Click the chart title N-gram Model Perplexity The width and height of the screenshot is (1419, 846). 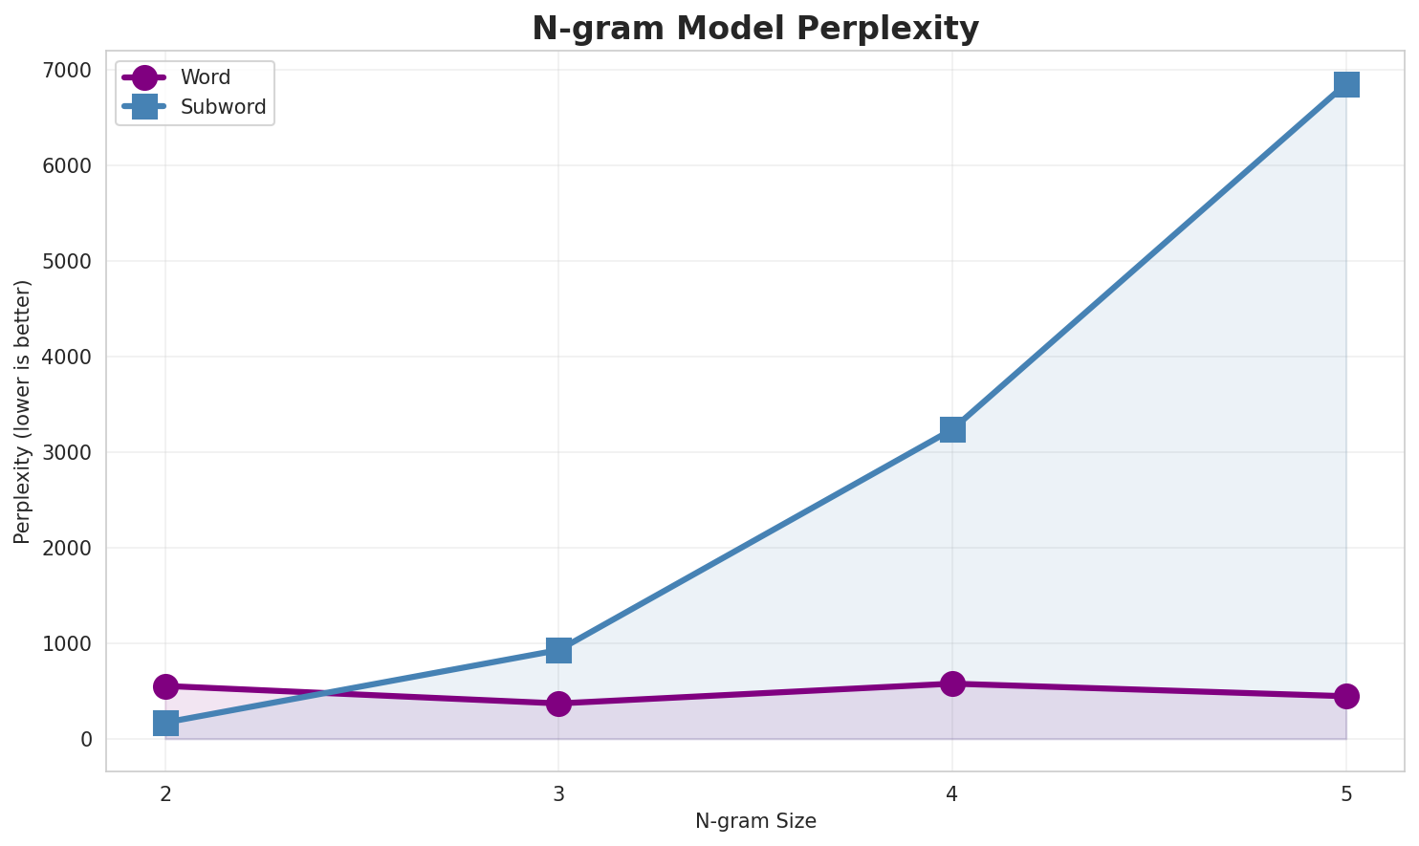coord(754,29)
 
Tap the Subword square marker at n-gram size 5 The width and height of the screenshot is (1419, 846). coord(1345,84)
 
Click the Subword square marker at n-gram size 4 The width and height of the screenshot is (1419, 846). coord(952,429)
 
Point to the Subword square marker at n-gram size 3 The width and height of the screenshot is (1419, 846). coord(558,650)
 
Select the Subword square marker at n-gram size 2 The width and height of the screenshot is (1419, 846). coord(165,723)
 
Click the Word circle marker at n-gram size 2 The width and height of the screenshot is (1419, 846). coord(165,686)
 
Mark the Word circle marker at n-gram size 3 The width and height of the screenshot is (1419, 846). coord(558,704)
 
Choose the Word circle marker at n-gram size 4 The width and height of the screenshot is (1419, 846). coord(952,683)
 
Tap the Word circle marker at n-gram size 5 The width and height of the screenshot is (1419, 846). coord(1345,696)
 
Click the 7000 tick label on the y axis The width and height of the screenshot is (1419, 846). coord(67,71)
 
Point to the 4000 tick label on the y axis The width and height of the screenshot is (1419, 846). coord(67,358)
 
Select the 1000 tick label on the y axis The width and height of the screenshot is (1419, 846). coord(67,644)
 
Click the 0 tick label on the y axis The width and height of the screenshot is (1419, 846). coord(87,740)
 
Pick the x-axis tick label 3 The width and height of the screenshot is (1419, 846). coord(558,793)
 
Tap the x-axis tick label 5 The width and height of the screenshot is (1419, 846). coord(1345,793)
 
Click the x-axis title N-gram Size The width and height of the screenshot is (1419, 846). coord(754,821)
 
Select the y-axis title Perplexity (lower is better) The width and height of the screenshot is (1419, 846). coord(23,411)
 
